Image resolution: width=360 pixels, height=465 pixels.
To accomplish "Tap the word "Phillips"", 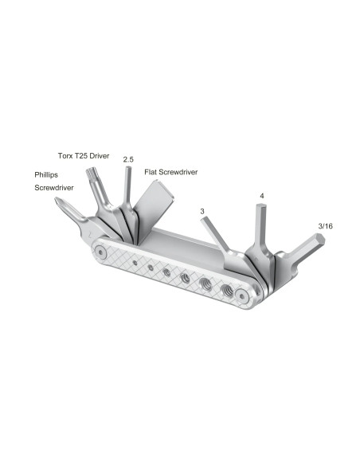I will (x=45, y=174).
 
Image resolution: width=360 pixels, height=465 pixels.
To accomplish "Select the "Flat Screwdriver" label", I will (x=170, y=171).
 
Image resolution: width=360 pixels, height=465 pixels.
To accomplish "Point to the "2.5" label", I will (x=127, y=159).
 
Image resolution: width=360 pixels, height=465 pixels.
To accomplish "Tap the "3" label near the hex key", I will (x=203, y=211).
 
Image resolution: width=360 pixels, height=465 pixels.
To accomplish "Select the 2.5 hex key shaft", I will (x=127, y=187).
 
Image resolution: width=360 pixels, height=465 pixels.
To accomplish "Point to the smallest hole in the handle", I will (x=135, y=260).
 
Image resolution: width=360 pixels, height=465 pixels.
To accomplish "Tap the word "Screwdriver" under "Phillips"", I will (x=53, y=190).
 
